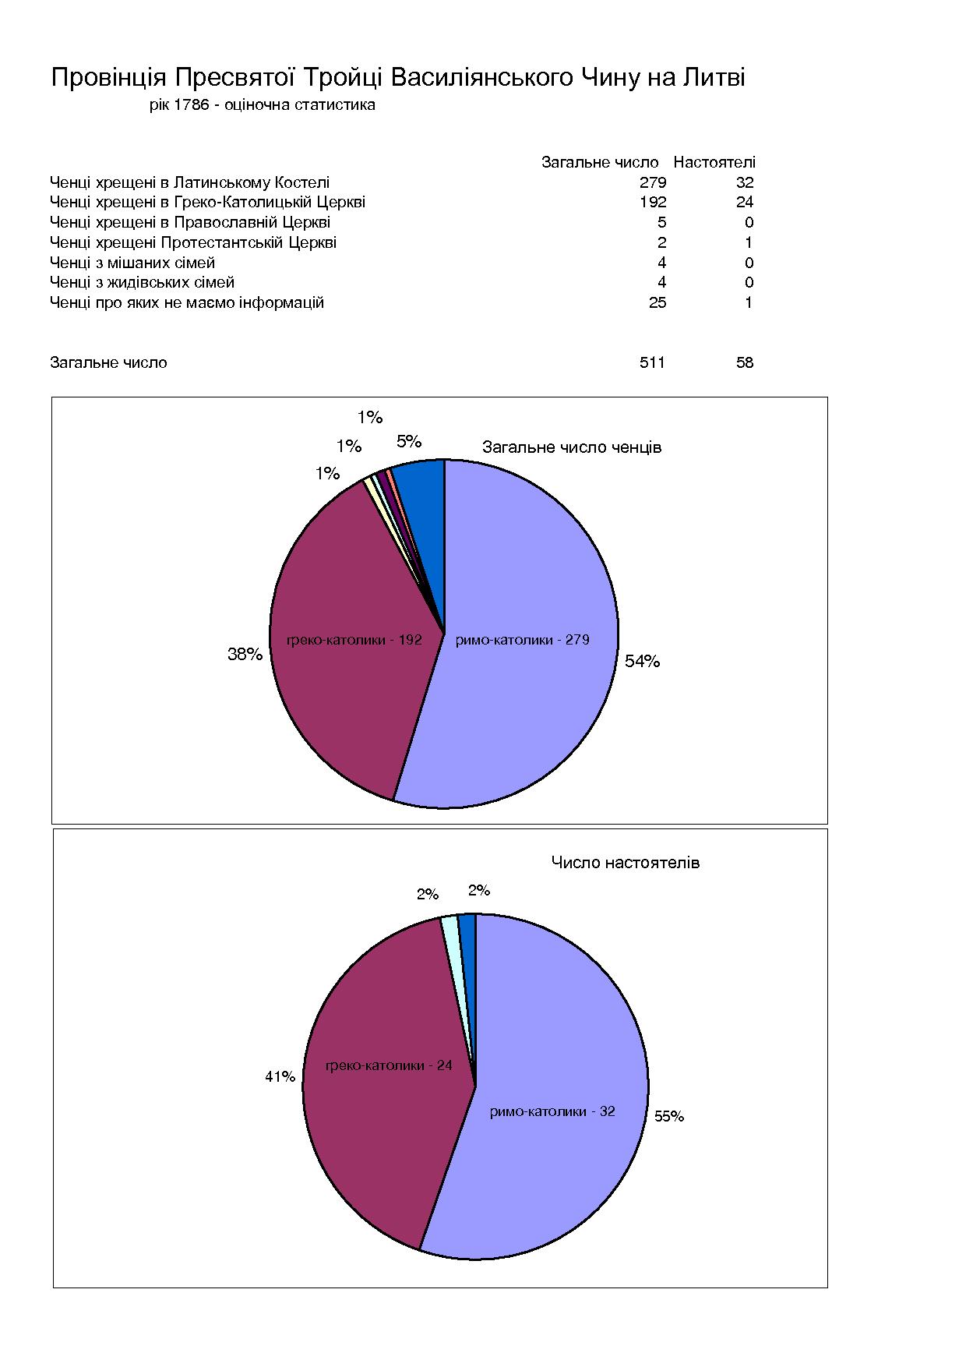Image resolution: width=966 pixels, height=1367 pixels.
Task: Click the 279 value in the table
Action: click(652, 182)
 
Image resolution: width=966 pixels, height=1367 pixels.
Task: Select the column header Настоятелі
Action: click(714, 162)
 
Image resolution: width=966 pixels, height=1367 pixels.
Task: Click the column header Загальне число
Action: click(600, 162)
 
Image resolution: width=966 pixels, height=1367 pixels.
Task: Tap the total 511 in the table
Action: click(652, 362)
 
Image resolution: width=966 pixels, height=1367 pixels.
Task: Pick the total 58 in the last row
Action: click(745, 362)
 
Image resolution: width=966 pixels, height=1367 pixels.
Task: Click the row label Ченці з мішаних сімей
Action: click(132, 263)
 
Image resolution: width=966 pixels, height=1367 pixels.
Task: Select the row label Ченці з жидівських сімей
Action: click(142, 282)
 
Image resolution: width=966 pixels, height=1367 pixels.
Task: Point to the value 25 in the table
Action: click(658, 302)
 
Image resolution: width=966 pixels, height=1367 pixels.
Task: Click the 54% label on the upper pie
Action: click(642, 662)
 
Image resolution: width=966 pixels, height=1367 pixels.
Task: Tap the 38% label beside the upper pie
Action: click(245, 655)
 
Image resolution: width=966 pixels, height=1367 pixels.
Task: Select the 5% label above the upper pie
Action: click(409, 442)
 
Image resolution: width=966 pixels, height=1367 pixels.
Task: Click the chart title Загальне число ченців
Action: click(572, 447)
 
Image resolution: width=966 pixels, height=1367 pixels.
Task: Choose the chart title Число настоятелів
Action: click(626, 862)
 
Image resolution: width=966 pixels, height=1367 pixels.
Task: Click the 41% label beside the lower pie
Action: click(280, 1077)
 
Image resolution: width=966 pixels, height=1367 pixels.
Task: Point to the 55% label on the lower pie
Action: click(669, 1116)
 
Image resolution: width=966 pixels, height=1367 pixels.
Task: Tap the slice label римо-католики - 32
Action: click(552, 1111)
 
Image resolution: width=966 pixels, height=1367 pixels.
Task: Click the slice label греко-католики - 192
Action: click(354, 640)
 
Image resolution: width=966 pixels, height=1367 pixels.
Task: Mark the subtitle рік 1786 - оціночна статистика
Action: click(263, 104)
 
